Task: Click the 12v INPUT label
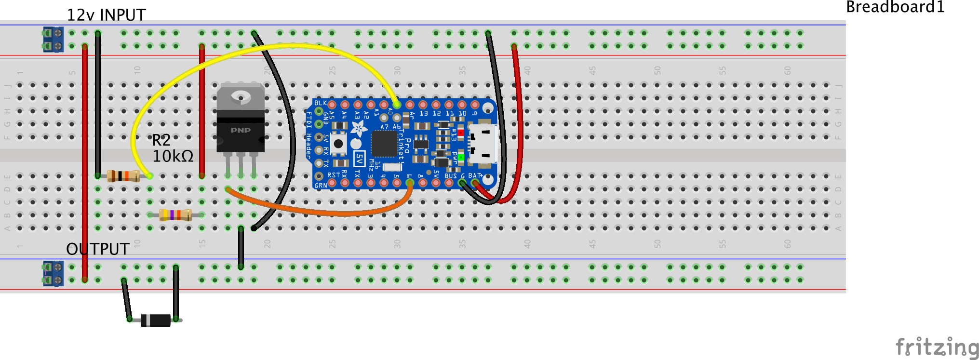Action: [x=106, y=15]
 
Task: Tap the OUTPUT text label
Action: [x=98, y=249]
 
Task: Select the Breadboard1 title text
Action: [x=895, y=7]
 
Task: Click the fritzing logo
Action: [x=937, y=347]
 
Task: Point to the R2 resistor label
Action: [x=161, y=140]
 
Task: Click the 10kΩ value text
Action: [x=173, y=156]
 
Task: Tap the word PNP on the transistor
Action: [x=241, y=130]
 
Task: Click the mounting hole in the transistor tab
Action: [x=241, y=97]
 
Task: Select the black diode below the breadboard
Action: [x=156, y=320]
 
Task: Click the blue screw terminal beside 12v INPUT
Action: [x=53, y=40]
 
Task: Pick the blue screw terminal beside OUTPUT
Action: [x=53, y=273]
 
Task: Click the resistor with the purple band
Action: [x=175, y=215]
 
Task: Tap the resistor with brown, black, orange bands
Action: [x=123, y=176]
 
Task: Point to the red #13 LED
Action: [x=460, y=132]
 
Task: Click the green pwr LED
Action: [x=461, y=158]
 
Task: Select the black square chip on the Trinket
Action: [x=384, y=144]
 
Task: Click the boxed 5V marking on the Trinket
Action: [x=359, y=159]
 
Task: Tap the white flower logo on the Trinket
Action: [x=358, y=128]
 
